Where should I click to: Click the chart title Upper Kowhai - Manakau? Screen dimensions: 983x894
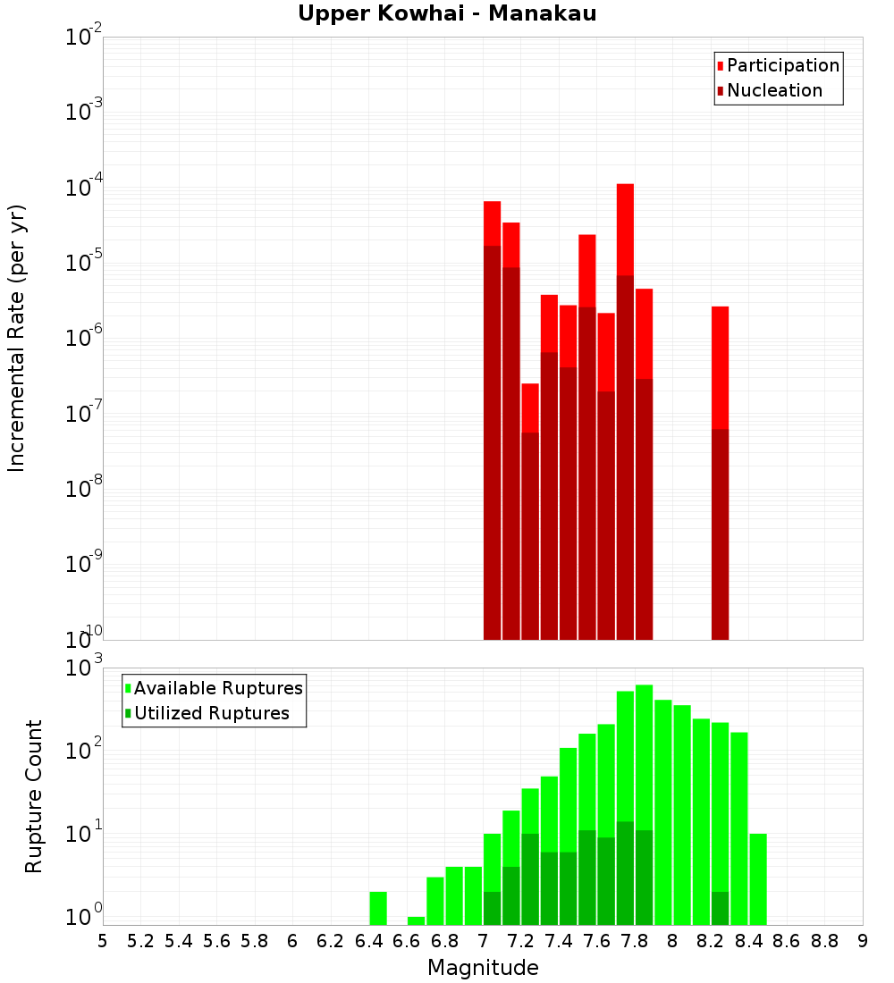[x=447, y=13]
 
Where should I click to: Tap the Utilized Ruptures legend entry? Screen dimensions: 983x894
[x=211, y=713]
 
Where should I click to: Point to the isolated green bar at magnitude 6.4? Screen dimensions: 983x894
[x=378, y=908]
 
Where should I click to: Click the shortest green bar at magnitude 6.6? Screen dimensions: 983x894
[x=416, y=920]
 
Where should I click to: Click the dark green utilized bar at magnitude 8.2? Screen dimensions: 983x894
[x=720, y=908]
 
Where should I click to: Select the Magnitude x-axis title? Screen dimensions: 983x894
[x=483, y=968]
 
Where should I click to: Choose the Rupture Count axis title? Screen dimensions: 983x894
[x=34, y=795]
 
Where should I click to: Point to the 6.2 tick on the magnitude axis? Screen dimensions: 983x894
[x=331, y=941]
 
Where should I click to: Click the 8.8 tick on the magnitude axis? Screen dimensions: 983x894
[x=824, y=941]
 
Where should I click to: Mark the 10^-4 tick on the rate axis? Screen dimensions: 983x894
[x=84, y=188]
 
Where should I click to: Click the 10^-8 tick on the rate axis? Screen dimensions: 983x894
[x=84, y=489]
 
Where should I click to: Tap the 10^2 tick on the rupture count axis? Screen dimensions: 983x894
[x=84, y=751]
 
